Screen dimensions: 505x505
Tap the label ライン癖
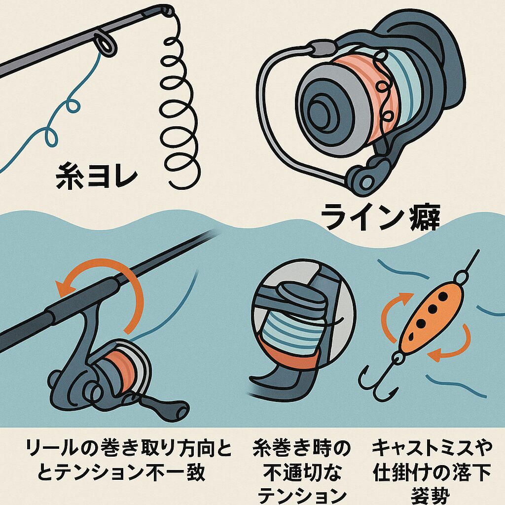click(x=380, y=217)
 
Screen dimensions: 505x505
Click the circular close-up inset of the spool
click(x=303, y=316)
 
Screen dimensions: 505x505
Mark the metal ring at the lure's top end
click(x=464, y=275)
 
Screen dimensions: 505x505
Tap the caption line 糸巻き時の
click(x=301, y=449)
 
